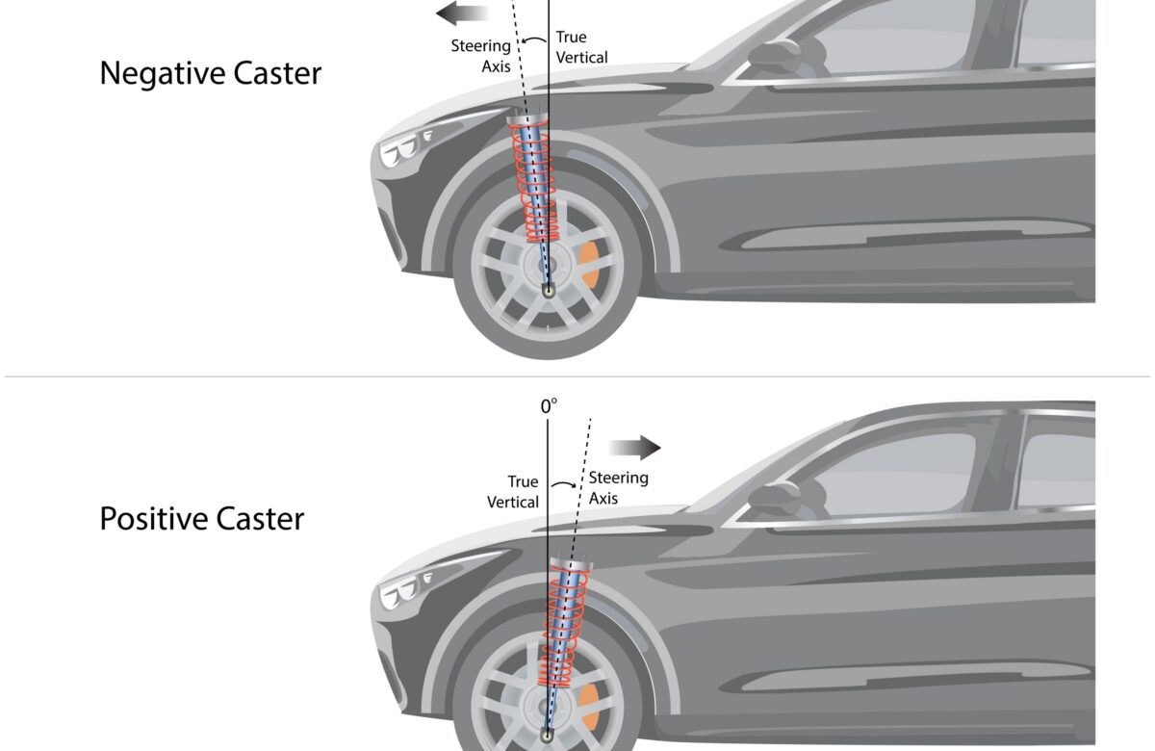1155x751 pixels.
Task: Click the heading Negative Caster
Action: coord(211,73)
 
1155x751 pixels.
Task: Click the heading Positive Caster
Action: coord(202,519)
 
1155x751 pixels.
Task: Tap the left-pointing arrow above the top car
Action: coord(460,13)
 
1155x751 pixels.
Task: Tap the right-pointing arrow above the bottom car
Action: coord(634,448)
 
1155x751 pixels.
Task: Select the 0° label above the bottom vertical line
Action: coord(549,406)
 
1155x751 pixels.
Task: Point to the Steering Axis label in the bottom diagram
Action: coord(618,487)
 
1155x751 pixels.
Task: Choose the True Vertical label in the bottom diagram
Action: coord(513,491)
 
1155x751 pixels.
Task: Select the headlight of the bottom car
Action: coord(400,593)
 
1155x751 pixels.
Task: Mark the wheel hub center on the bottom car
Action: coord(547,734)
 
